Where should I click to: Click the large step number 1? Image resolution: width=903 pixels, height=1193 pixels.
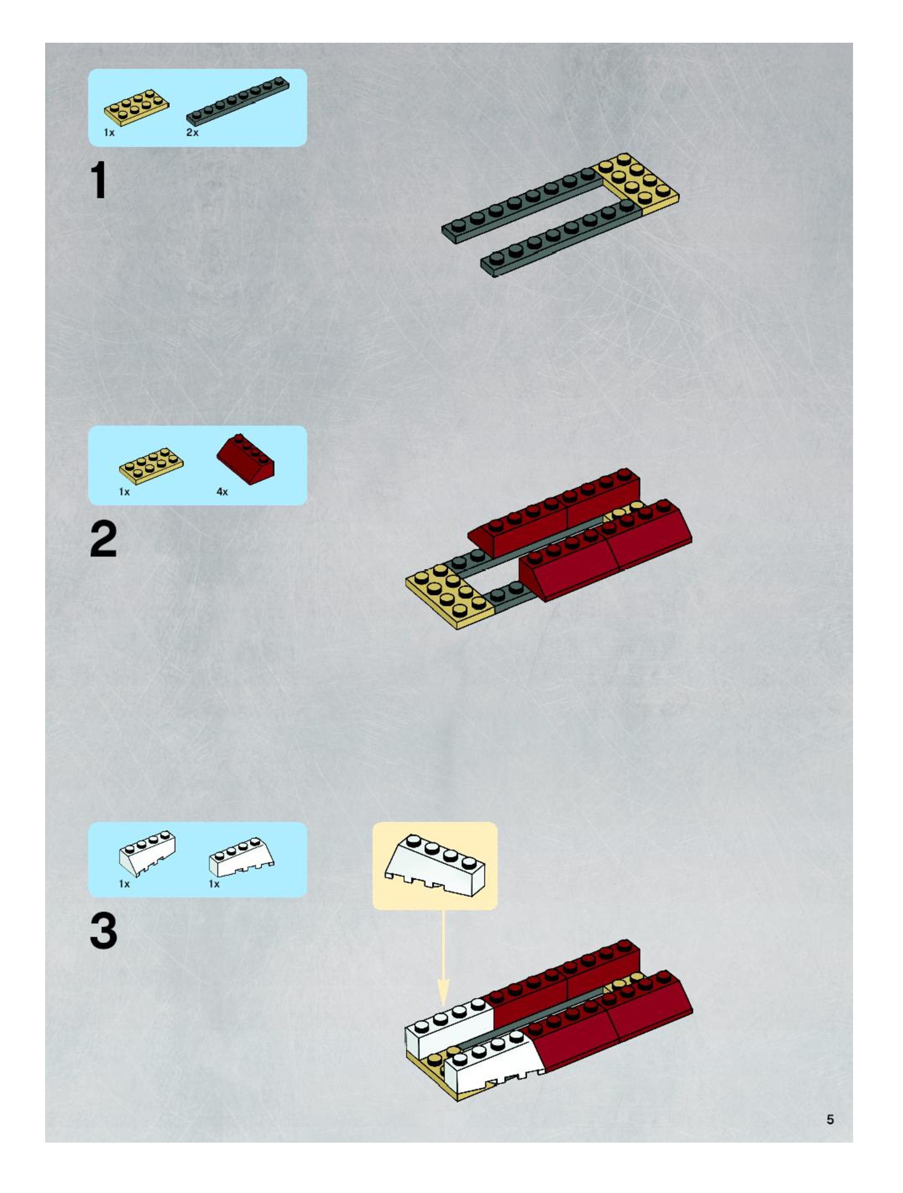coord(99,181)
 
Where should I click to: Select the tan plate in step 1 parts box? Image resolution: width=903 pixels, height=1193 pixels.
coord(137,107)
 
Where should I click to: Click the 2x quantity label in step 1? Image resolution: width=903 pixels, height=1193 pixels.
coord(193,133)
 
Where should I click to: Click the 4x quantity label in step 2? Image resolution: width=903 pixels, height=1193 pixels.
coord(222,492)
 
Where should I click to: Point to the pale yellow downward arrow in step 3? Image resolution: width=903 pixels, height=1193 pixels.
coord(443,957)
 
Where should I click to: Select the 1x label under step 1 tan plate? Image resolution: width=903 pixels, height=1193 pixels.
coord(110,133)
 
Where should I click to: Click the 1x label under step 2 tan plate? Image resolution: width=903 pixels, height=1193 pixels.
coord(124,492)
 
